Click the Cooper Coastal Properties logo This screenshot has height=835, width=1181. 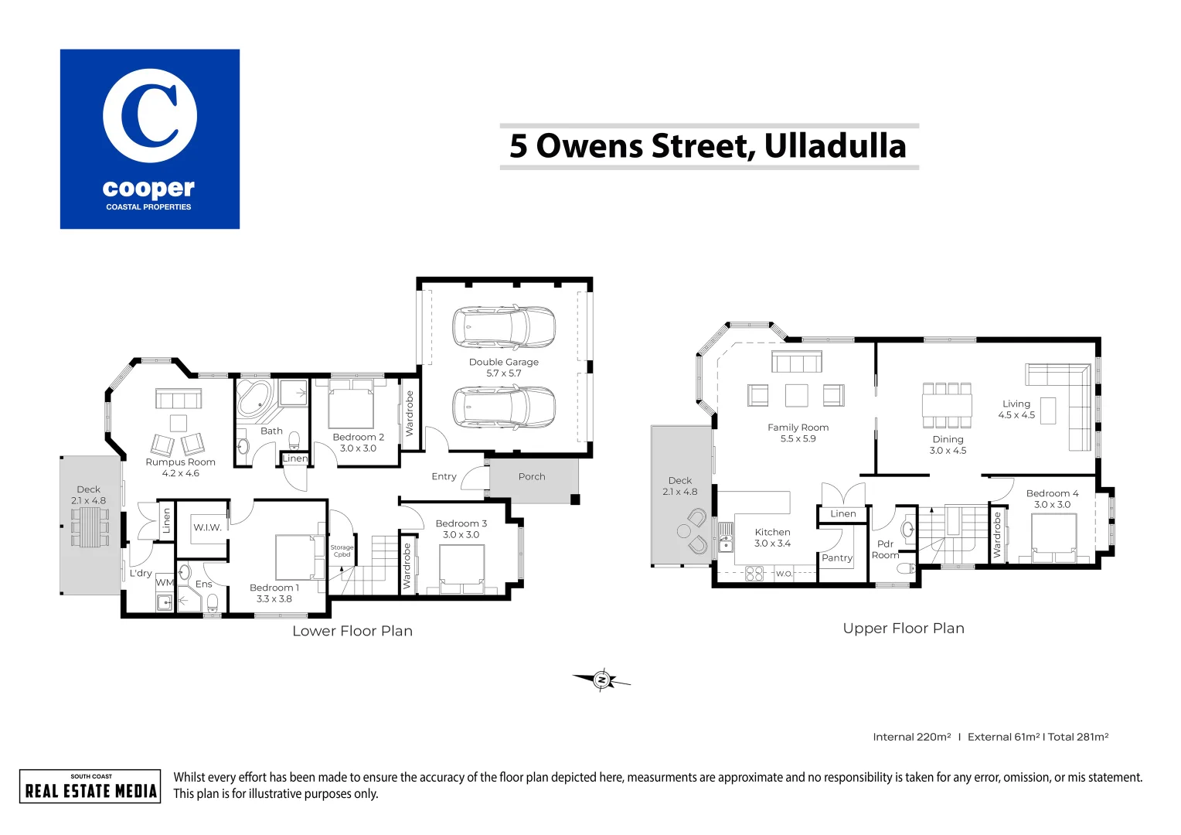tap(150, 139)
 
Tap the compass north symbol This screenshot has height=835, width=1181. tap(601, 680)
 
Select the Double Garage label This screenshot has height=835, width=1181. tap(503, 362)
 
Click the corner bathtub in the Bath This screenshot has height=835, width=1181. tap(254, 399)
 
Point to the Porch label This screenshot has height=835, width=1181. tap(532, 476)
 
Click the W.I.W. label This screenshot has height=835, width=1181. tap(207, 527)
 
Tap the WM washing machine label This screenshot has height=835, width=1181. tap(165, 582)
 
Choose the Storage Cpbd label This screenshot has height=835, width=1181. tap(342, 550)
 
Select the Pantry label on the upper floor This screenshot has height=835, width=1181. tap(837, 558)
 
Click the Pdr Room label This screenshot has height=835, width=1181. tap(885, 549)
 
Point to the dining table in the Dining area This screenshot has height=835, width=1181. tap(947, 405)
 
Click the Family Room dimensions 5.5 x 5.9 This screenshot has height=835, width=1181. tap(798, 438)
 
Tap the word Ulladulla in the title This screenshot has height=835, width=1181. tap(836, 146)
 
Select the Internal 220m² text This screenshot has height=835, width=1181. tap(911, 737)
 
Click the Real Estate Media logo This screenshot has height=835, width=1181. tap(90, 786)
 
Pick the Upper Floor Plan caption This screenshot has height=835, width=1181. tap(904, 629)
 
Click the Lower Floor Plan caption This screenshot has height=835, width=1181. tap(352, 631)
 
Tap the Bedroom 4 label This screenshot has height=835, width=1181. tap(1052, 493)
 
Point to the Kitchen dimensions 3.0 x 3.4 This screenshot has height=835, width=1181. tap(772, 544)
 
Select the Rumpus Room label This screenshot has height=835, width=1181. tap(180, 462)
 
